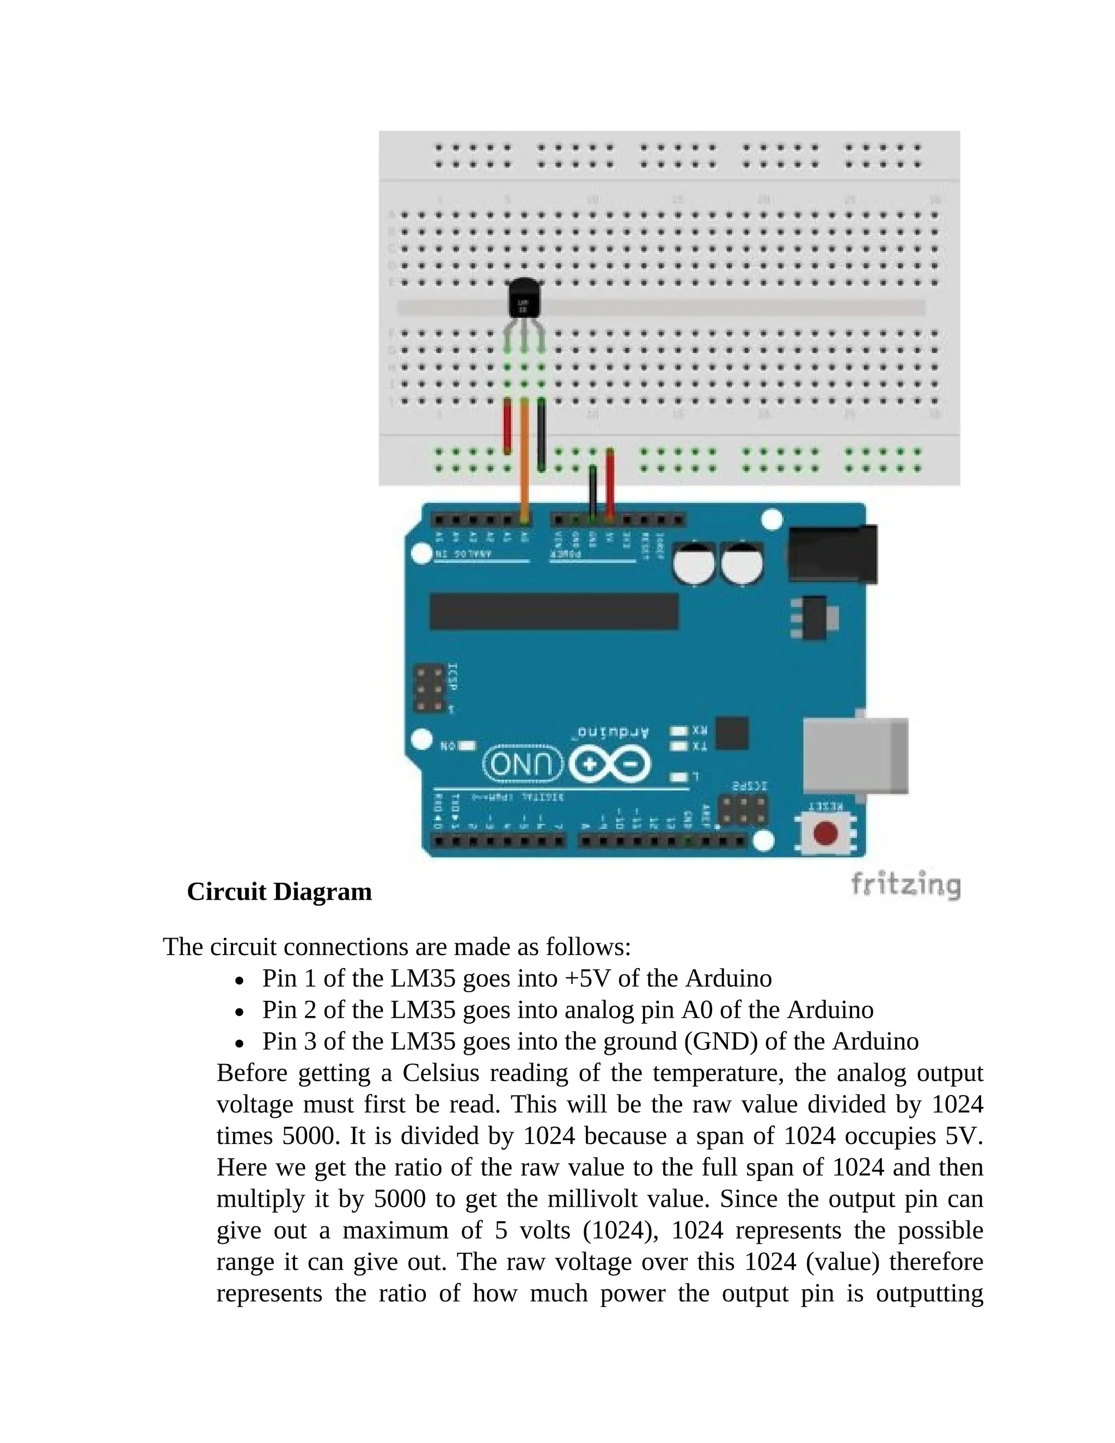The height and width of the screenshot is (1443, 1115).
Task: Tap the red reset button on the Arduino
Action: [x=825, y=833]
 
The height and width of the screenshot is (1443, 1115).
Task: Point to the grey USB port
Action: [x=855, y=756]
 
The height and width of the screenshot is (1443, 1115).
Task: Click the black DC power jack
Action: [x=833, y=554]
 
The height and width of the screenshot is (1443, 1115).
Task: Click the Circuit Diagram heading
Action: [x=279, y=892]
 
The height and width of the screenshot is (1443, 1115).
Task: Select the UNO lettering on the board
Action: [x=523, y=765]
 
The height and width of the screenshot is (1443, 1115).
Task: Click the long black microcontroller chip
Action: [x=554, y=611]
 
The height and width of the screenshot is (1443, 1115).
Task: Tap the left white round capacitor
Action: [x=694, y=564]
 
